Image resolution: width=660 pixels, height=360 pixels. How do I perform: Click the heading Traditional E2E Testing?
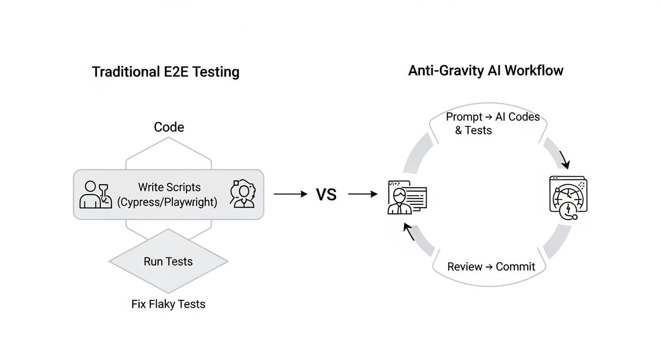tap(165, 72)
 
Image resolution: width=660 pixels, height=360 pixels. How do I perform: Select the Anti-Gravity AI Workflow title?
tap(486, 71)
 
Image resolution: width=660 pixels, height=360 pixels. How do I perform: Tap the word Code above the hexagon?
tap(169, 127)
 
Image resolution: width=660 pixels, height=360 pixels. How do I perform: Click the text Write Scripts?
tap(169, 187)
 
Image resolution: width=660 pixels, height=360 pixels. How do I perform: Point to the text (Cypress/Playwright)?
tap(167, 202)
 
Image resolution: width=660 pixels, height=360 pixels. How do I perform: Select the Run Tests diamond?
tap(168, 261)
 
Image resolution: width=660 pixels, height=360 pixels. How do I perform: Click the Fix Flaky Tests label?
tap(168, 304)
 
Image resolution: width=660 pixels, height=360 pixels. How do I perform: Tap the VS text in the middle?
tap(326, 194)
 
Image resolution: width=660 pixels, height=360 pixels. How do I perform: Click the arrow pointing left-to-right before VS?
tap(291, 194)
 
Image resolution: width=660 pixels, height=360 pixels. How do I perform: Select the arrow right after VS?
tap(363, 194)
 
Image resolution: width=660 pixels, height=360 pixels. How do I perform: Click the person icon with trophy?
tap(96, 195)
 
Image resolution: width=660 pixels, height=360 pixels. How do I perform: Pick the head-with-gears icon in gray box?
tap(243, 195)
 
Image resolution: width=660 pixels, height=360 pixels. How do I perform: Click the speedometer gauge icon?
tap(568, 198)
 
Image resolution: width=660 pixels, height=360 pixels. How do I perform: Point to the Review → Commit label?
tap(491, 267)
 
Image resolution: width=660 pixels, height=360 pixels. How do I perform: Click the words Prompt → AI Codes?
tap(493, 117)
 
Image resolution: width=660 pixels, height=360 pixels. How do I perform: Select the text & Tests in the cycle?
tap(473, 130)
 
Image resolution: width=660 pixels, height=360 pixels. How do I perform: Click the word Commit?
tap(515, 267)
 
